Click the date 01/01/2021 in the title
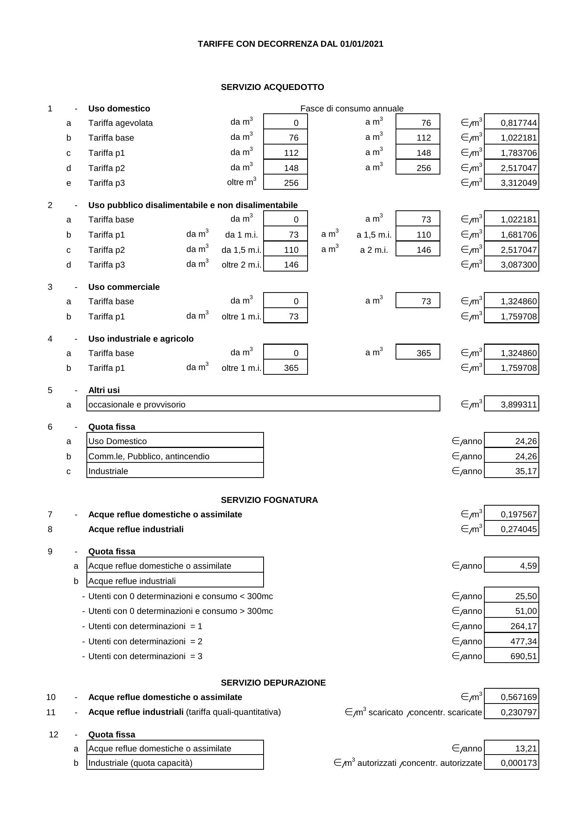(361, 44)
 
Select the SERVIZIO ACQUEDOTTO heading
(272, 87)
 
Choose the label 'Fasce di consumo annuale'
(352, 109)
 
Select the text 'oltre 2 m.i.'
(241, 265)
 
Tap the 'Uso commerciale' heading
(124, 287)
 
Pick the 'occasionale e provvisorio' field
(263, 404)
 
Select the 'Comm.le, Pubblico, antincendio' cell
(175, 456)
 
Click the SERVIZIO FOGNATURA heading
(269, 500)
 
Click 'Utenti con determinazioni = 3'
(145, 656)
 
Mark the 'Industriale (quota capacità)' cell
(175, 763)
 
